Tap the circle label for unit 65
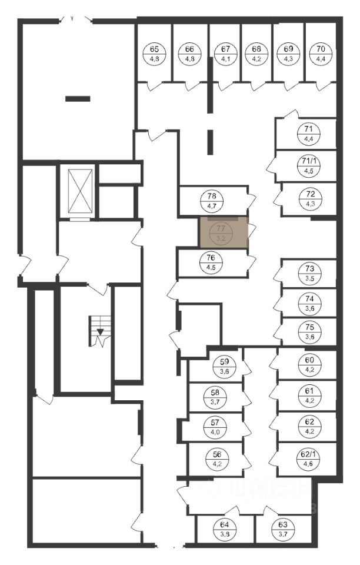155,54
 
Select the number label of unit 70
320,54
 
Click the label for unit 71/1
308,166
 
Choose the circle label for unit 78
212,201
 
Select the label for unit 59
224,366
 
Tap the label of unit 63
282,529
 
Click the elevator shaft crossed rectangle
80,191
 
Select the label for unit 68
256,54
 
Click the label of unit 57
215,427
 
